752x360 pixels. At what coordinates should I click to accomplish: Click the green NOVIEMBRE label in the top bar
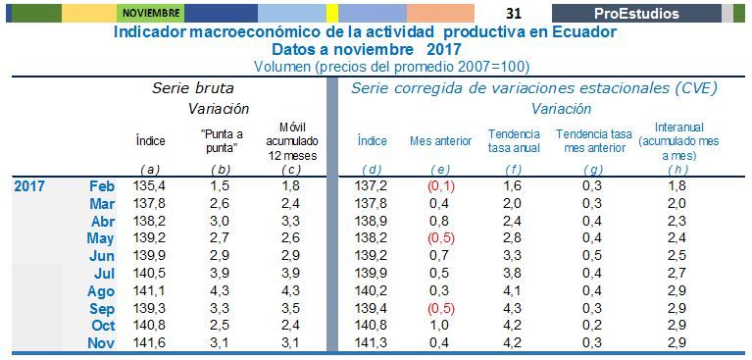(150, 13)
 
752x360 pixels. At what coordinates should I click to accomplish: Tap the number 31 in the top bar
(513, 14)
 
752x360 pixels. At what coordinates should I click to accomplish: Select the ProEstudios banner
(636, 14)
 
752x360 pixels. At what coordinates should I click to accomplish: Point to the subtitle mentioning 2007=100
(392, 67)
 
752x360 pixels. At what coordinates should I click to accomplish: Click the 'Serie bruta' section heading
(193, 88)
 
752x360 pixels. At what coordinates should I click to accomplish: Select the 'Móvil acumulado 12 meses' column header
(292, 141)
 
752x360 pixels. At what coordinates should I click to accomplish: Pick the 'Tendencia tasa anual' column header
(514, 141)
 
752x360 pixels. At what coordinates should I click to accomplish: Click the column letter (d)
(373, 170)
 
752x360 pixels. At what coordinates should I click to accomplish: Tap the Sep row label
(102, 309)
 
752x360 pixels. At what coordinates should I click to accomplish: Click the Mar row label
(102, 204)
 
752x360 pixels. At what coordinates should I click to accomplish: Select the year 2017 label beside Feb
(29, 186)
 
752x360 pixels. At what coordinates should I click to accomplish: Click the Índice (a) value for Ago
(149, 290)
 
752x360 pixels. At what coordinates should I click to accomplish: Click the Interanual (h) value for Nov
(677, 342)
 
